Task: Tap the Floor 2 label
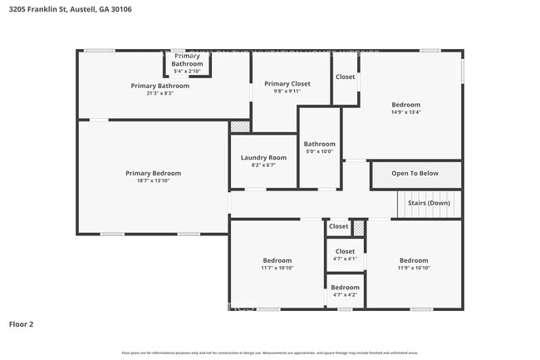click(x=22, y=324)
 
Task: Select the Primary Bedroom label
click(x=153, y=173)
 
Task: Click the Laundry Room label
click(x=263, y=157)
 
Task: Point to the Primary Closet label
click(x=288, y=84)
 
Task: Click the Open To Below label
click(x=415, y=174)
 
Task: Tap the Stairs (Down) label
click(x=429, y=203)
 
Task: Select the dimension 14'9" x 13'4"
click(x=406, y=112)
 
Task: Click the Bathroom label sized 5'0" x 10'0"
click(x=319, y=144)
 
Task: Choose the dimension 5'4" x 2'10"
click(x=187, y=72)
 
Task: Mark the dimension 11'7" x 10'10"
click(x=277, y=268)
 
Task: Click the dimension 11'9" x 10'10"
click(x=413, y=268)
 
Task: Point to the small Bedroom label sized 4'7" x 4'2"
click(x=345, y=288)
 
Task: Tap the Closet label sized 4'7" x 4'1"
click(x=345, y=251)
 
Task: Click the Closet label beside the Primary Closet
click(x=345, y=77)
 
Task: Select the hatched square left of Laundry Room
click(x=240, y=126)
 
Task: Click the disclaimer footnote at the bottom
click(x=270, y=353)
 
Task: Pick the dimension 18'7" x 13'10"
click(x=153, y=180)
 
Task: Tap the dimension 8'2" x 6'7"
click(x=263, y=165)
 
